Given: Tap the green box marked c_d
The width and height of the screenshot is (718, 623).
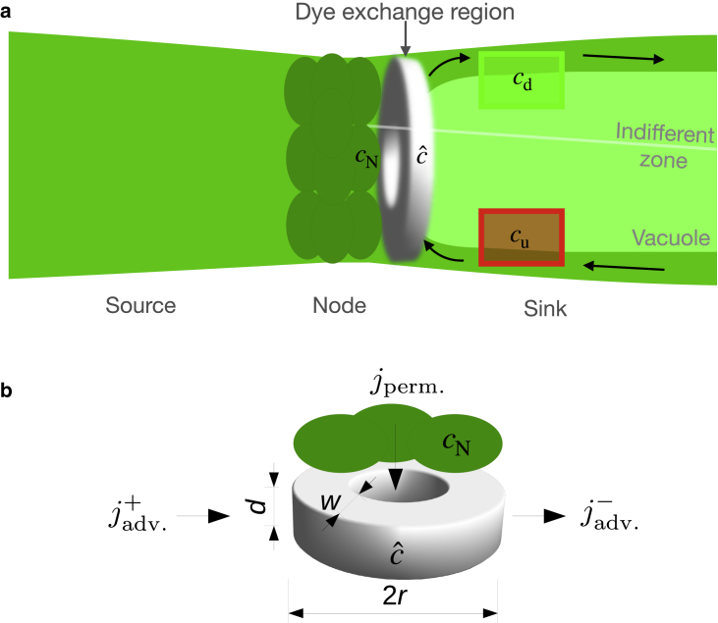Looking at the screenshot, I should [522, 78].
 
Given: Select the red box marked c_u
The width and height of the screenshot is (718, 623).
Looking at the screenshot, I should [522, 236].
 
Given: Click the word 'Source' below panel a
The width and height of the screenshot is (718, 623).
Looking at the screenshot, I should [140, 306].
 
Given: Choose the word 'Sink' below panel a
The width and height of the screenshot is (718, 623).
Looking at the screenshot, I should [545, 309].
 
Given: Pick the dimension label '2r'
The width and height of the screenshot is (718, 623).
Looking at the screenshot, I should [393, 596].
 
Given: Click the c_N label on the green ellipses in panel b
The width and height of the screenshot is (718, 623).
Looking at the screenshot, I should [456, 446].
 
